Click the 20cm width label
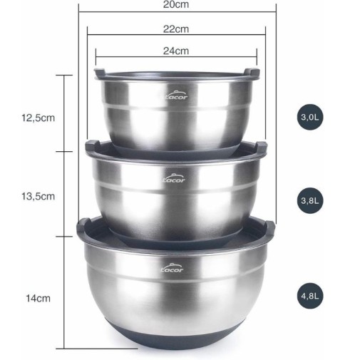tap(176, 4)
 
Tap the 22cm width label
tap(176, 29)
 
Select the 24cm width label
tap(176, 51)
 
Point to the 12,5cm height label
tap(38, 118)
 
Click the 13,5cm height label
tap(38, 196)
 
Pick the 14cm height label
tap(38, 298)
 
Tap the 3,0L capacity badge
tap(310, 117)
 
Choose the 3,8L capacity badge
tap(310, 200)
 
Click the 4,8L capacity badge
tap(310, 296)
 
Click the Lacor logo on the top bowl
tap(176, 95)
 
